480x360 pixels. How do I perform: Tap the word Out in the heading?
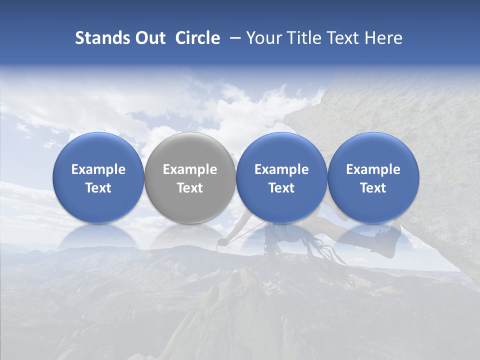[149, 38]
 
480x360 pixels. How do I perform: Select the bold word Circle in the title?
[197, 38]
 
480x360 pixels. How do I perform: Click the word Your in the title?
[263, 38]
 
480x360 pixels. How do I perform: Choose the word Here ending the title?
[384, 38]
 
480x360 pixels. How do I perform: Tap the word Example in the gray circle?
[190, 169]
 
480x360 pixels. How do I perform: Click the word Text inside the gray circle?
[190, 188]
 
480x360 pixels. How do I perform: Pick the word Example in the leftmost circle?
[98, 169]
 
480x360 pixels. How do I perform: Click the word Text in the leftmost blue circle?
[98, 188]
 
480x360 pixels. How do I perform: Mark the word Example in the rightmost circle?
[373, 169]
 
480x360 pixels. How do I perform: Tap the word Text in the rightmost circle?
[373, 188]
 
